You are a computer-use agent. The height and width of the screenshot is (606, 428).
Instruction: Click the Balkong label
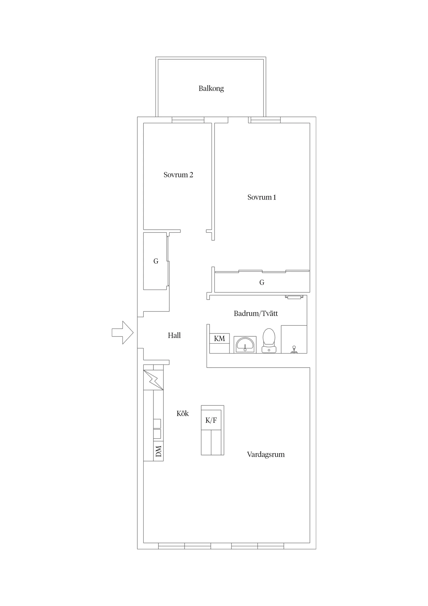click(x=211, y=89)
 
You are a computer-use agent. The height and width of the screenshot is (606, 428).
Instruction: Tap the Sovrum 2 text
click(x=178, y=175)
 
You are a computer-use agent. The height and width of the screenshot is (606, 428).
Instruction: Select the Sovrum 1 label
click(x=262, y=197)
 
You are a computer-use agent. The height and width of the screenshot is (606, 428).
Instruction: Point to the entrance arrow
click(x=123, y=333)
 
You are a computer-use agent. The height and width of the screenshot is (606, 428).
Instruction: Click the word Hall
click(x=174, y=335)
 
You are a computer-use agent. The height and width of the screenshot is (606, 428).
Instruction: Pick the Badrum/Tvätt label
click(x=256, y=313)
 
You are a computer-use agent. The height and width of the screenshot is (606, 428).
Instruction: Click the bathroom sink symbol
click(x=245, y=344)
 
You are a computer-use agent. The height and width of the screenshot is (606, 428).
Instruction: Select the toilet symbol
click(x=269, y=340)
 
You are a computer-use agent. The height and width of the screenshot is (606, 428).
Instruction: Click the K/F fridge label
click(x=211, y=420)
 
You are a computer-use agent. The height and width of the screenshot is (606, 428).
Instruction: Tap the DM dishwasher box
click(x=158, y=451)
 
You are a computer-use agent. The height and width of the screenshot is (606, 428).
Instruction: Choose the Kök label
click(x=183, y=413)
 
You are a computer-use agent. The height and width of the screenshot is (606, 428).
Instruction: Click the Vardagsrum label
click(x=266, y=454)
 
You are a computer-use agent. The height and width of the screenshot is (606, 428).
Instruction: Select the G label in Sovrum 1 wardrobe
click(x=262, y=282)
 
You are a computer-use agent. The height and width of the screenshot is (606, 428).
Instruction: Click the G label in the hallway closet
click(x=156, y=261)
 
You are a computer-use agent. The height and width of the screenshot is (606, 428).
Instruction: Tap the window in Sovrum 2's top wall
click(x=188, y=120)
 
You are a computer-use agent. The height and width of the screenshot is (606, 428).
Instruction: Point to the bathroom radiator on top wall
click(x=294, y=297)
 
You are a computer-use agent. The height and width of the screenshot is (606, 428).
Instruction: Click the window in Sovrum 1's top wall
click(x=264, y=120)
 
